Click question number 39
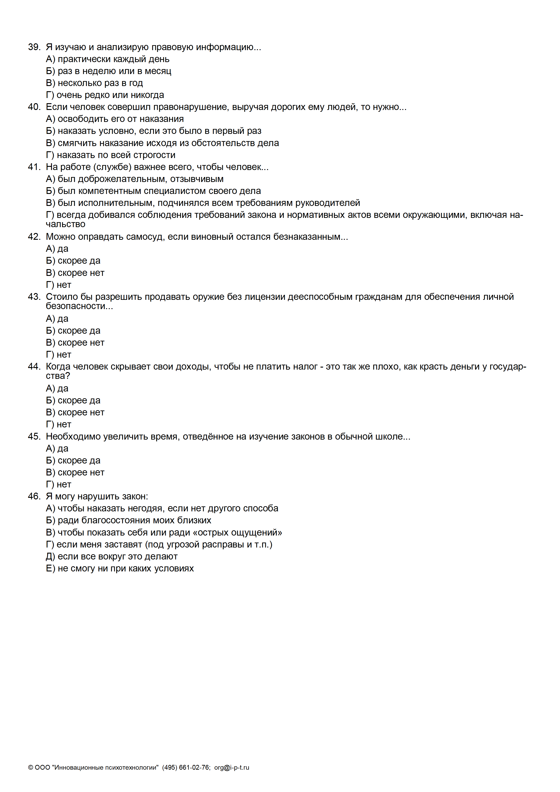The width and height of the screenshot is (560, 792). (x=34, y=47)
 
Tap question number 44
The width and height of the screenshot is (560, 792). (x=34, y=366)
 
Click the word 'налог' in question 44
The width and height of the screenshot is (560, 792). (x=305, y=366)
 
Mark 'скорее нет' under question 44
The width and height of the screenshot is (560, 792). (x=81, y=412)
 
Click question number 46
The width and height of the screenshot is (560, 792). (x=34, y=496)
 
